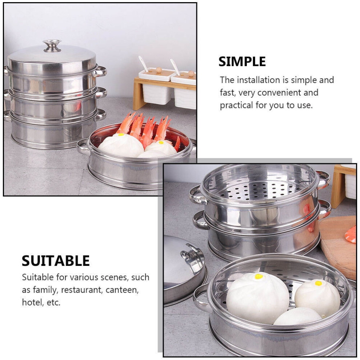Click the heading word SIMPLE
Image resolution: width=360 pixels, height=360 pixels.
[242, 61]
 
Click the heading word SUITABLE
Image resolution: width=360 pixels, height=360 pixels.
[56, 261]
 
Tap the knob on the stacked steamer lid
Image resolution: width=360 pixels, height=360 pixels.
[52, 46]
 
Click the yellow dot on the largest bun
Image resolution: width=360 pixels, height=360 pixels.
[259, 276]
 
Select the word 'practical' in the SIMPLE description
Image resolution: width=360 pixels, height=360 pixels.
[236, 105]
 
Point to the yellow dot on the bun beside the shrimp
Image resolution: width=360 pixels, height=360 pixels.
[121, 135]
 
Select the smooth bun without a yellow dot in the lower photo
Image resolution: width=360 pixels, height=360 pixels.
[298, 316]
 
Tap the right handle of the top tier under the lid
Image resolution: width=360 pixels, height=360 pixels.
[100, 72]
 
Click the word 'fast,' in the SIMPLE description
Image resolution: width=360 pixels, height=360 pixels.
[228, 93]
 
